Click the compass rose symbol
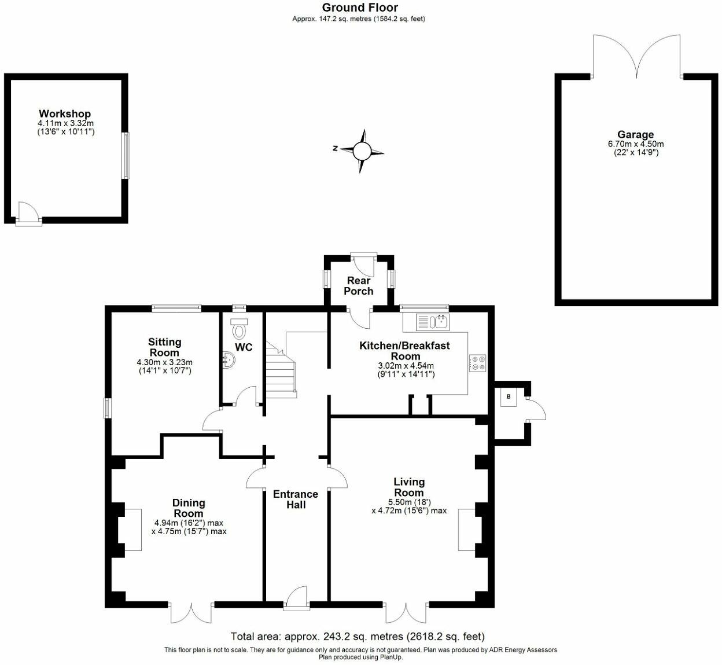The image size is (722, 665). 362,151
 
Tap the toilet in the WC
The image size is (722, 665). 239,329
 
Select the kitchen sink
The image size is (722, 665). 432,321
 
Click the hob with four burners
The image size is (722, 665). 478,363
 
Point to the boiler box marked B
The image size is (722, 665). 509,396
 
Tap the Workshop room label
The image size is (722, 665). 65,114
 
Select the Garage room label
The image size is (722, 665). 635,134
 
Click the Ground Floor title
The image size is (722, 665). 360,8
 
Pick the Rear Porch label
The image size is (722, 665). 359,286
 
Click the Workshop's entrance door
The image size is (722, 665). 28,213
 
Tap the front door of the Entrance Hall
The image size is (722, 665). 297,598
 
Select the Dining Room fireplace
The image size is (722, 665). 130,530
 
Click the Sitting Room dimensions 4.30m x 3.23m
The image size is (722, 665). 164,363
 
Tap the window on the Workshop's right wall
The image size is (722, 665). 125,156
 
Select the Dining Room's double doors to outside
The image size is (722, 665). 192,612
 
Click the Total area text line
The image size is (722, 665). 358,637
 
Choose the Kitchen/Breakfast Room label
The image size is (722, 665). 404,351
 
